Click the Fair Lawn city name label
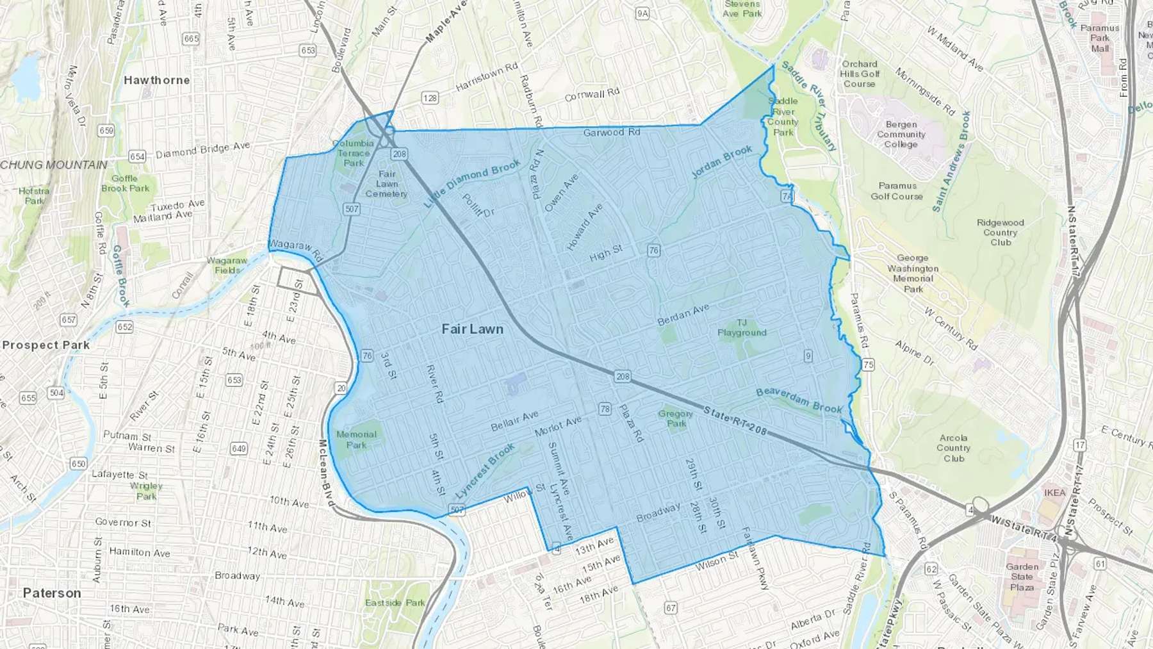[473, 329]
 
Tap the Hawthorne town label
[157, 80]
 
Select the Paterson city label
[52, 593]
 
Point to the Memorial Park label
[356, 440]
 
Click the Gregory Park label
[675, 418]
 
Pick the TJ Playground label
[742, 327]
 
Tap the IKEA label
[1055, 493]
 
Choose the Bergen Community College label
[901, 134]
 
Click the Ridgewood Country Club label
[1000, 232]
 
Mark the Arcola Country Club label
[953, 448]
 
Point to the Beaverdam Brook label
[799, 400]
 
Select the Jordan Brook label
[722, 161]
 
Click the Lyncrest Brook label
[485, 471]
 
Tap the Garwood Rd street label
[611, 133]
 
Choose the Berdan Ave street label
[683, 315]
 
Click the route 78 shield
[605, 409]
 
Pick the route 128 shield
[430, 98]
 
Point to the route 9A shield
[642, 13]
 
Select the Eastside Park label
[395, 602]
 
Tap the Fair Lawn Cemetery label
[386, 184]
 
